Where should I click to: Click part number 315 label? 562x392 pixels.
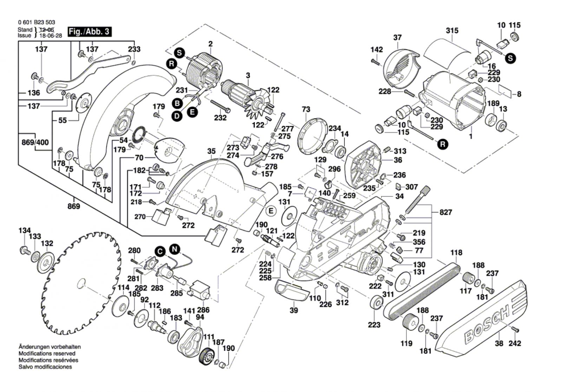452,31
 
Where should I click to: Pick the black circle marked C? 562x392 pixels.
160,252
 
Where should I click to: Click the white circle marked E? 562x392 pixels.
271,211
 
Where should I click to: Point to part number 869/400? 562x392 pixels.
35,142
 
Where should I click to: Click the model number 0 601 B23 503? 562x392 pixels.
37,22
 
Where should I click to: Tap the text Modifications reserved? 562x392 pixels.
47,353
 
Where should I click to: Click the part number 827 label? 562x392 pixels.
446,212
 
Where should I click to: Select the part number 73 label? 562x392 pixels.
306,110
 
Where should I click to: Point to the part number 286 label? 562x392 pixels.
203,310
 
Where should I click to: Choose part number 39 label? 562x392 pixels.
294,311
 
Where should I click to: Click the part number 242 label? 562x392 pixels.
515,343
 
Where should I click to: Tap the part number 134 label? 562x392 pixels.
25,230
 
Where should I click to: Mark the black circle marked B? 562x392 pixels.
177,103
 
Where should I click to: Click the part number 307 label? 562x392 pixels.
411,187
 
